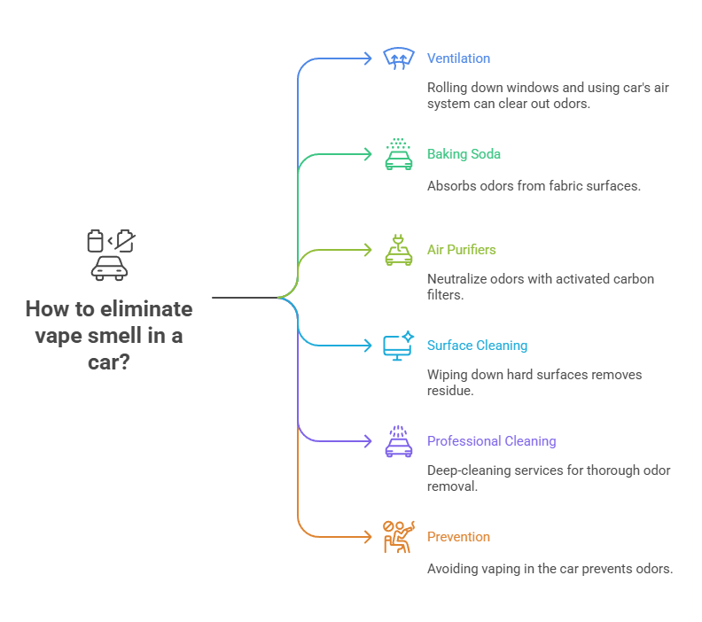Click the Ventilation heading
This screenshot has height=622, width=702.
(458, 58)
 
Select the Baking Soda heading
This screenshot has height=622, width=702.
(464, 154)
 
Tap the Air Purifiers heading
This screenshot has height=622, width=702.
(462, 250)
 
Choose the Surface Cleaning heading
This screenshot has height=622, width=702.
(477, 346)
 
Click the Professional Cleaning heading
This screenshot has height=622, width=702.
(491, 441)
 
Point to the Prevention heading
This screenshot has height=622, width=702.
(458, 537)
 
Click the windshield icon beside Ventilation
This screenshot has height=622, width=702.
(398, 58)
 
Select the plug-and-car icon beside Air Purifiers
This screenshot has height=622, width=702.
(398, 250)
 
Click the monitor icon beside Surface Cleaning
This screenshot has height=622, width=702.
(398, 346)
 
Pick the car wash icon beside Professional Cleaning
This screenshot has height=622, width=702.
(398, 441)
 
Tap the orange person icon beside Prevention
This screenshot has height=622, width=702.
(398, 537)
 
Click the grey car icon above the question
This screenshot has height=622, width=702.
(109, 267)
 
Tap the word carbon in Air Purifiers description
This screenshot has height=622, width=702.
(633, 279)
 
